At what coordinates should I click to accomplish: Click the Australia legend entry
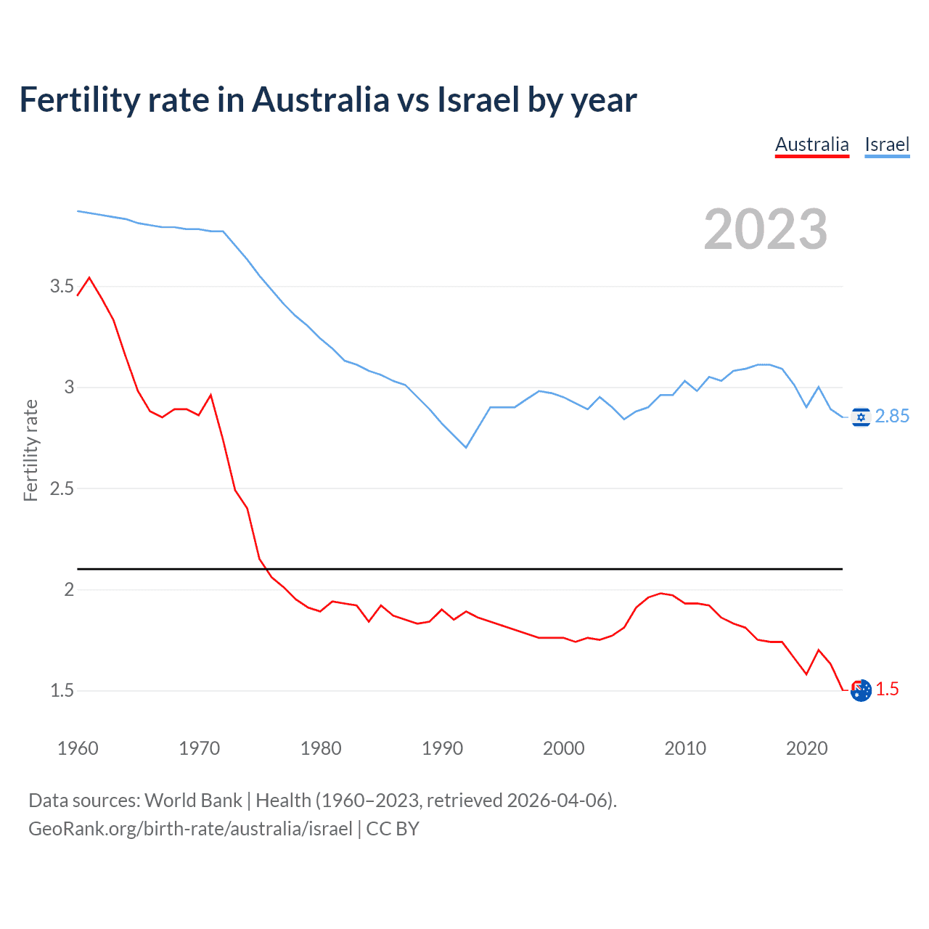[811, 144]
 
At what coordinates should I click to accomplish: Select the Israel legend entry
[887, 144]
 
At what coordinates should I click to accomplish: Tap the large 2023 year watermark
[765, 229]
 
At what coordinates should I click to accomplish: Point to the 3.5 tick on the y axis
[62, 286]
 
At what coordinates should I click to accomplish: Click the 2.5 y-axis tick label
[62, 488]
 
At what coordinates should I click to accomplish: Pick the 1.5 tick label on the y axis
[62, 690]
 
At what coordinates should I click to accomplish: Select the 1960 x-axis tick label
[78, 748]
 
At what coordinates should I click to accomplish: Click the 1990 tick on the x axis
[442, 748]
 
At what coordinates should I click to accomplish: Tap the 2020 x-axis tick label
[806, 748]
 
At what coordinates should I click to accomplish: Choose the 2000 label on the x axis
[563, 748]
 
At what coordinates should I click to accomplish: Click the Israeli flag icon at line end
[861, 417]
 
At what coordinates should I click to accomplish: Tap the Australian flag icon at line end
[861, 690]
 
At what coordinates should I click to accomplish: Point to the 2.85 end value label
[892, 416]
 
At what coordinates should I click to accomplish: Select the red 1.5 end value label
[888, 689]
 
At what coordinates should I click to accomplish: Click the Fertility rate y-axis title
[30, 450]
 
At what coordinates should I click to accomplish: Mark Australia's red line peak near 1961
[89, 277]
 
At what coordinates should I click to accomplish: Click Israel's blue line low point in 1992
[466, 447]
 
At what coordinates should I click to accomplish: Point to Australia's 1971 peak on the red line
[210, 395]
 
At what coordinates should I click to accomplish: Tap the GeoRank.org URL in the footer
[190, 829]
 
